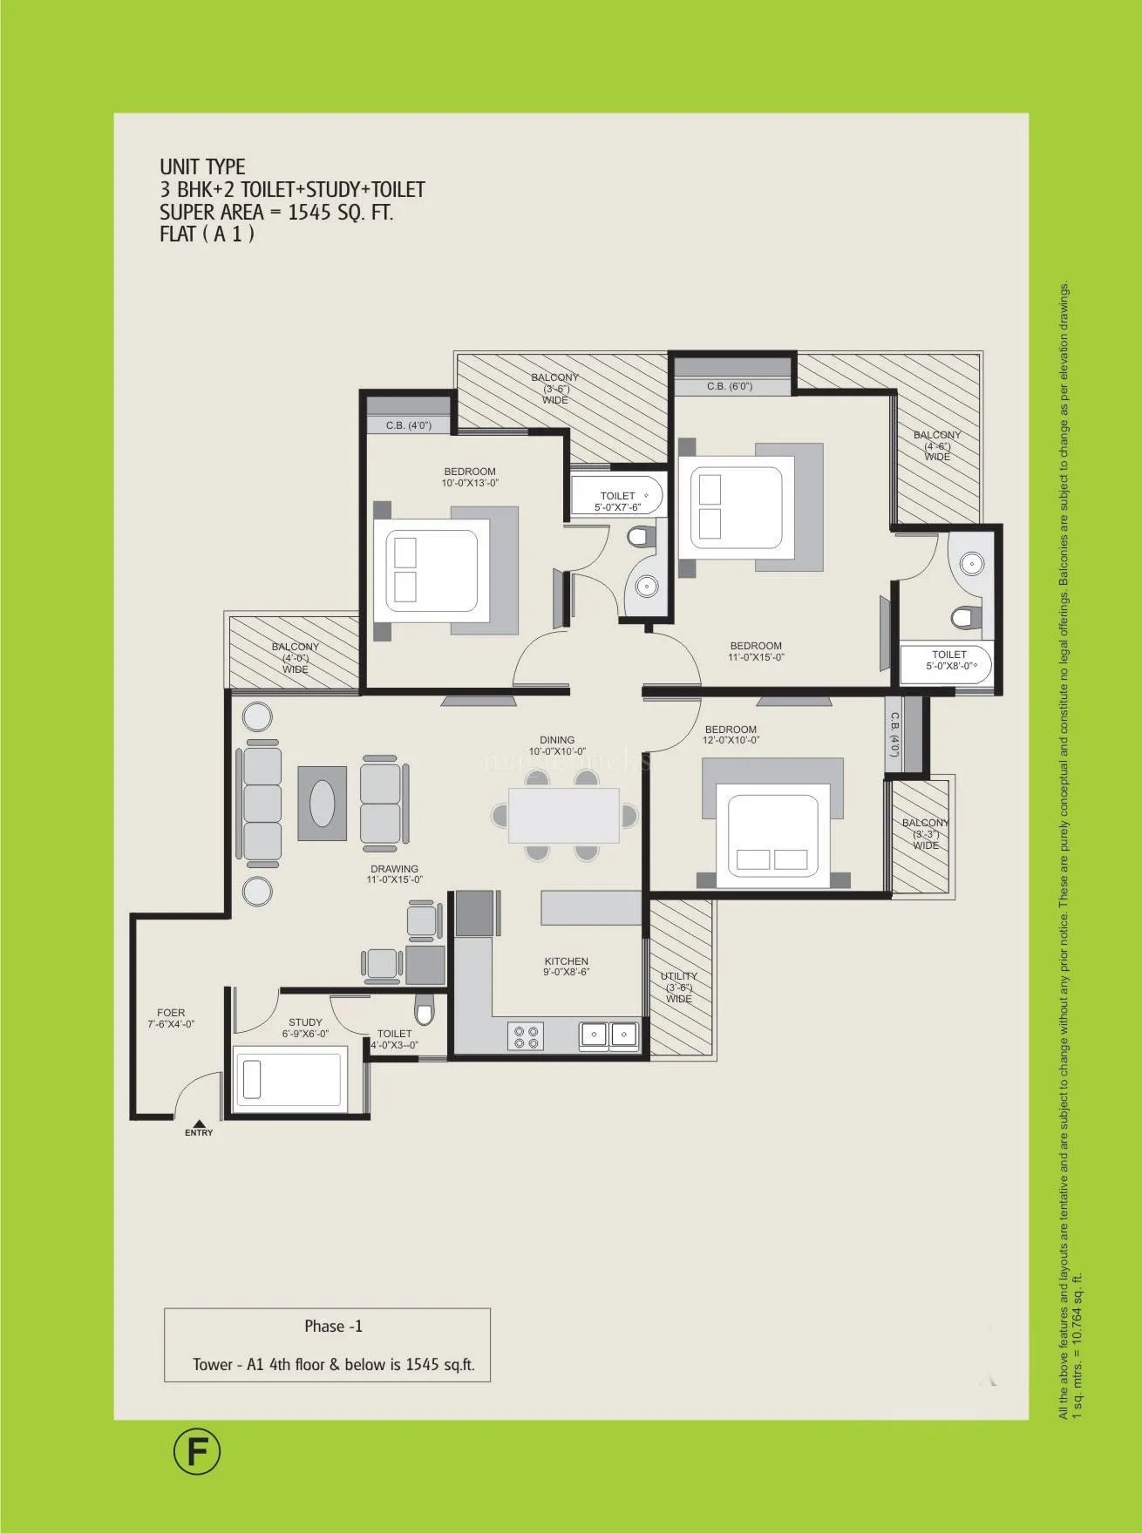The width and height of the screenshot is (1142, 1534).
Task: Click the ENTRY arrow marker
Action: (199, 1124)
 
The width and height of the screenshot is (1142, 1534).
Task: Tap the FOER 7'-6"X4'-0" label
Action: (171, 1019)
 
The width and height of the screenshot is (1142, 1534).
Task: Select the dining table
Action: (564, 815)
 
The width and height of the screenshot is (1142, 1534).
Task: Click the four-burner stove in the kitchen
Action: (526, 1036)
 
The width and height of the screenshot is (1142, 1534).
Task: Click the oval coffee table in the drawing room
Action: (323, 798)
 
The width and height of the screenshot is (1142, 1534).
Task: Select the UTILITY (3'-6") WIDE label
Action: (679, 988)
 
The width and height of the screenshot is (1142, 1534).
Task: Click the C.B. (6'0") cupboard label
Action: (729, 386)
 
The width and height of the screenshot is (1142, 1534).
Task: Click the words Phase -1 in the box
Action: (333, 1327)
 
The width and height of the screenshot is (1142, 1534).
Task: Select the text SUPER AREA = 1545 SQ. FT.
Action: (275, 212)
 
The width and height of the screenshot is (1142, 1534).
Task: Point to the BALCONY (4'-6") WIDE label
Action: (937, 445)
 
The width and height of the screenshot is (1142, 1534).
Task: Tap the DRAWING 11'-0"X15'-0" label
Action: (395, 874)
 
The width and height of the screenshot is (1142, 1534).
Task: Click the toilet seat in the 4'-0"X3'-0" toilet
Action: (425, 1012)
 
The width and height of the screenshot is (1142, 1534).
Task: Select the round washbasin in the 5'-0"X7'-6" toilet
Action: (646, 587)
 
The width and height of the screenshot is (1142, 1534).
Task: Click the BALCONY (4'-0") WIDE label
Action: (296, 658)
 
